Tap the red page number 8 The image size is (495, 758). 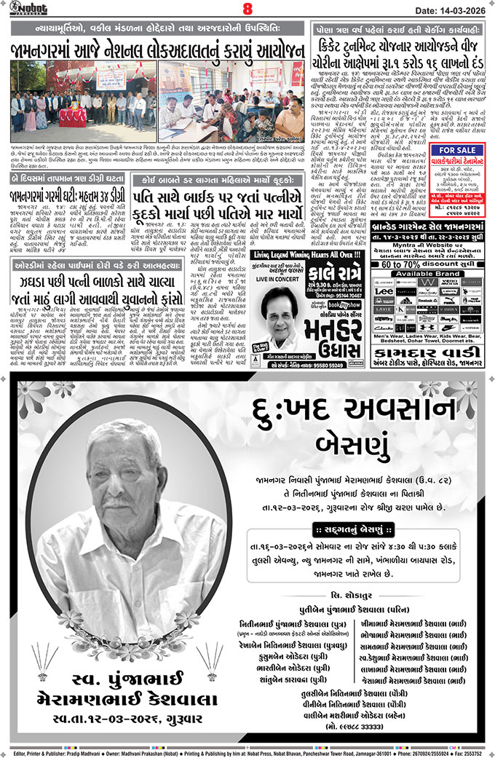coord(247,9)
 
